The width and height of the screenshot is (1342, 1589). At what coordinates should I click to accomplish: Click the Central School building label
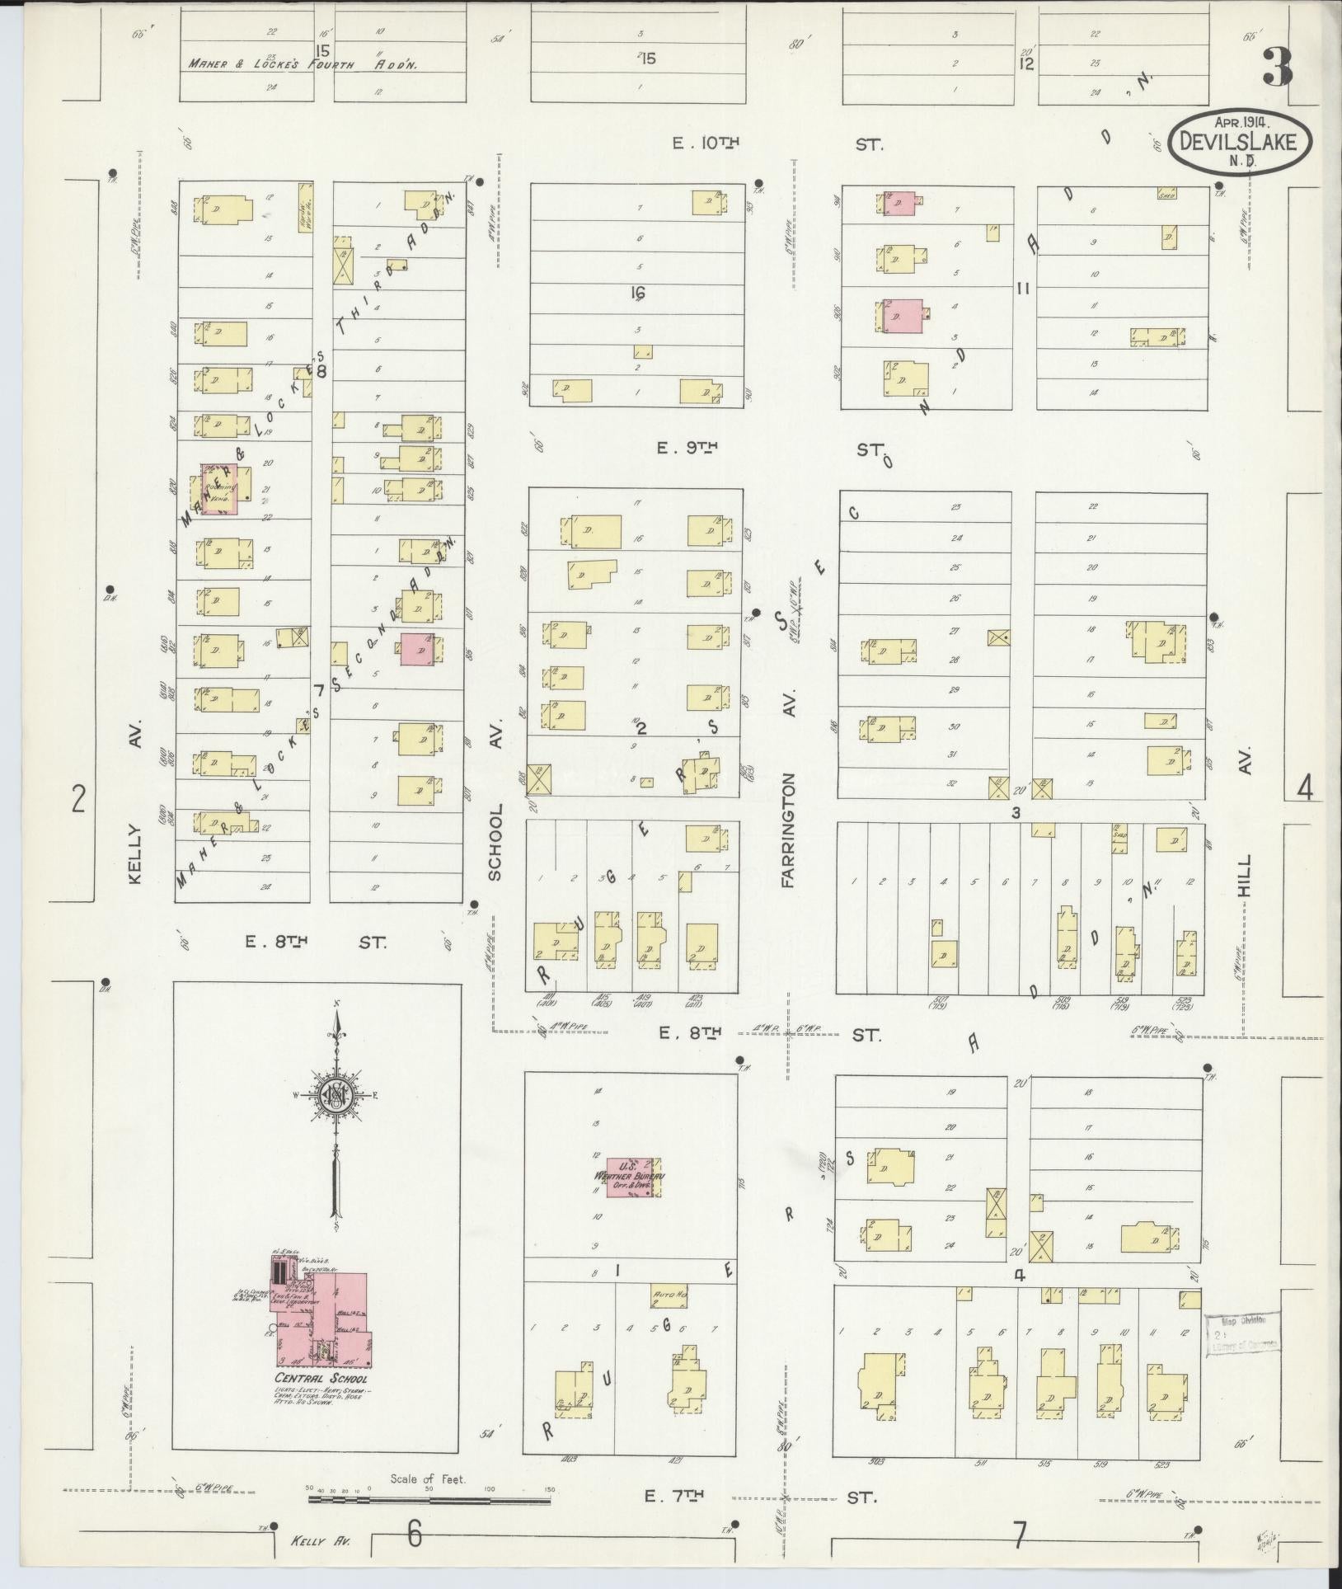321,1378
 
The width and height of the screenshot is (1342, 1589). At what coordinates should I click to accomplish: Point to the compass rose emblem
337,1095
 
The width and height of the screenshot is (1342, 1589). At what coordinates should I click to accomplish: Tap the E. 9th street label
689,449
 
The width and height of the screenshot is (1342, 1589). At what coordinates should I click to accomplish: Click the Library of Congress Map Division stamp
1242,1333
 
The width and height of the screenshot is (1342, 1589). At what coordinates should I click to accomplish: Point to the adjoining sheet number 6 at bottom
415,1534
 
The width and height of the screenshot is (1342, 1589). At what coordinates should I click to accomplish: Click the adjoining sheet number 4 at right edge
1305,789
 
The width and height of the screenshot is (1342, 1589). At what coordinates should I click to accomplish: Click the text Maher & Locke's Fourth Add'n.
303,63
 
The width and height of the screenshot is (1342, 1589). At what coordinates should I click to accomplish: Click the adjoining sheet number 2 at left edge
78,798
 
